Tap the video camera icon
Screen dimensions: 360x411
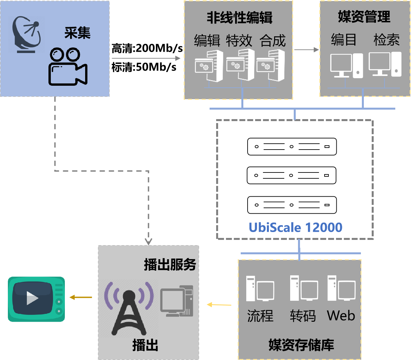(x=68, y=67)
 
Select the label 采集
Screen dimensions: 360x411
(x=77, y=33)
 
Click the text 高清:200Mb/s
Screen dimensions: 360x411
(x=147, y=48)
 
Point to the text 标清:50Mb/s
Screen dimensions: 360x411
(x=144, y=67)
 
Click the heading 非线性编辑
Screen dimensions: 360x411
(x=239, y=18)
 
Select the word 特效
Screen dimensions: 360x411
(x=239, y=41)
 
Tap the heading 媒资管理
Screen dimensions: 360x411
(x=364, y=17)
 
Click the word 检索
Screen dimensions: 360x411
(x=386, y=40)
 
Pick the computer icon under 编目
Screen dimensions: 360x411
(x=346, y=65)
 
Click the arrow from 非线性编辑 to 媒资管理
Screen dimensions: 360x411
(x=306, y=50)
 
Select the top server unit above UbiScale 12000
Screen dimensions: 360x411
(x=292, y=147)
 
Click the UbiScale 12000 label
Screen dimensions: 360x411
(x=295, y=227)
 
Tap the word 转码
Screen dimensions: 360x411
(x=303, y=316)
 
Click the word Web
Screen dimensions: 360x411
(x=341, y=316)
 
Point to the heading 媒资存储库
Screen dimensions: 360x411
(x=301, y=345)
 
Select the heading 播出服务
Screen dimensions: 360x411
(x=170, y=264)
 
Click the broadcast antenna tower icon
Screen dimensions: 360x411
(x=129, y=309)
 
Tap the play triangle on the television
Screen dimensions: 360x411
(x=32, y=298)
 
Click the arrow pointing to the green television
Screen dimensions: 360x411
(x=81, y=297)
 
